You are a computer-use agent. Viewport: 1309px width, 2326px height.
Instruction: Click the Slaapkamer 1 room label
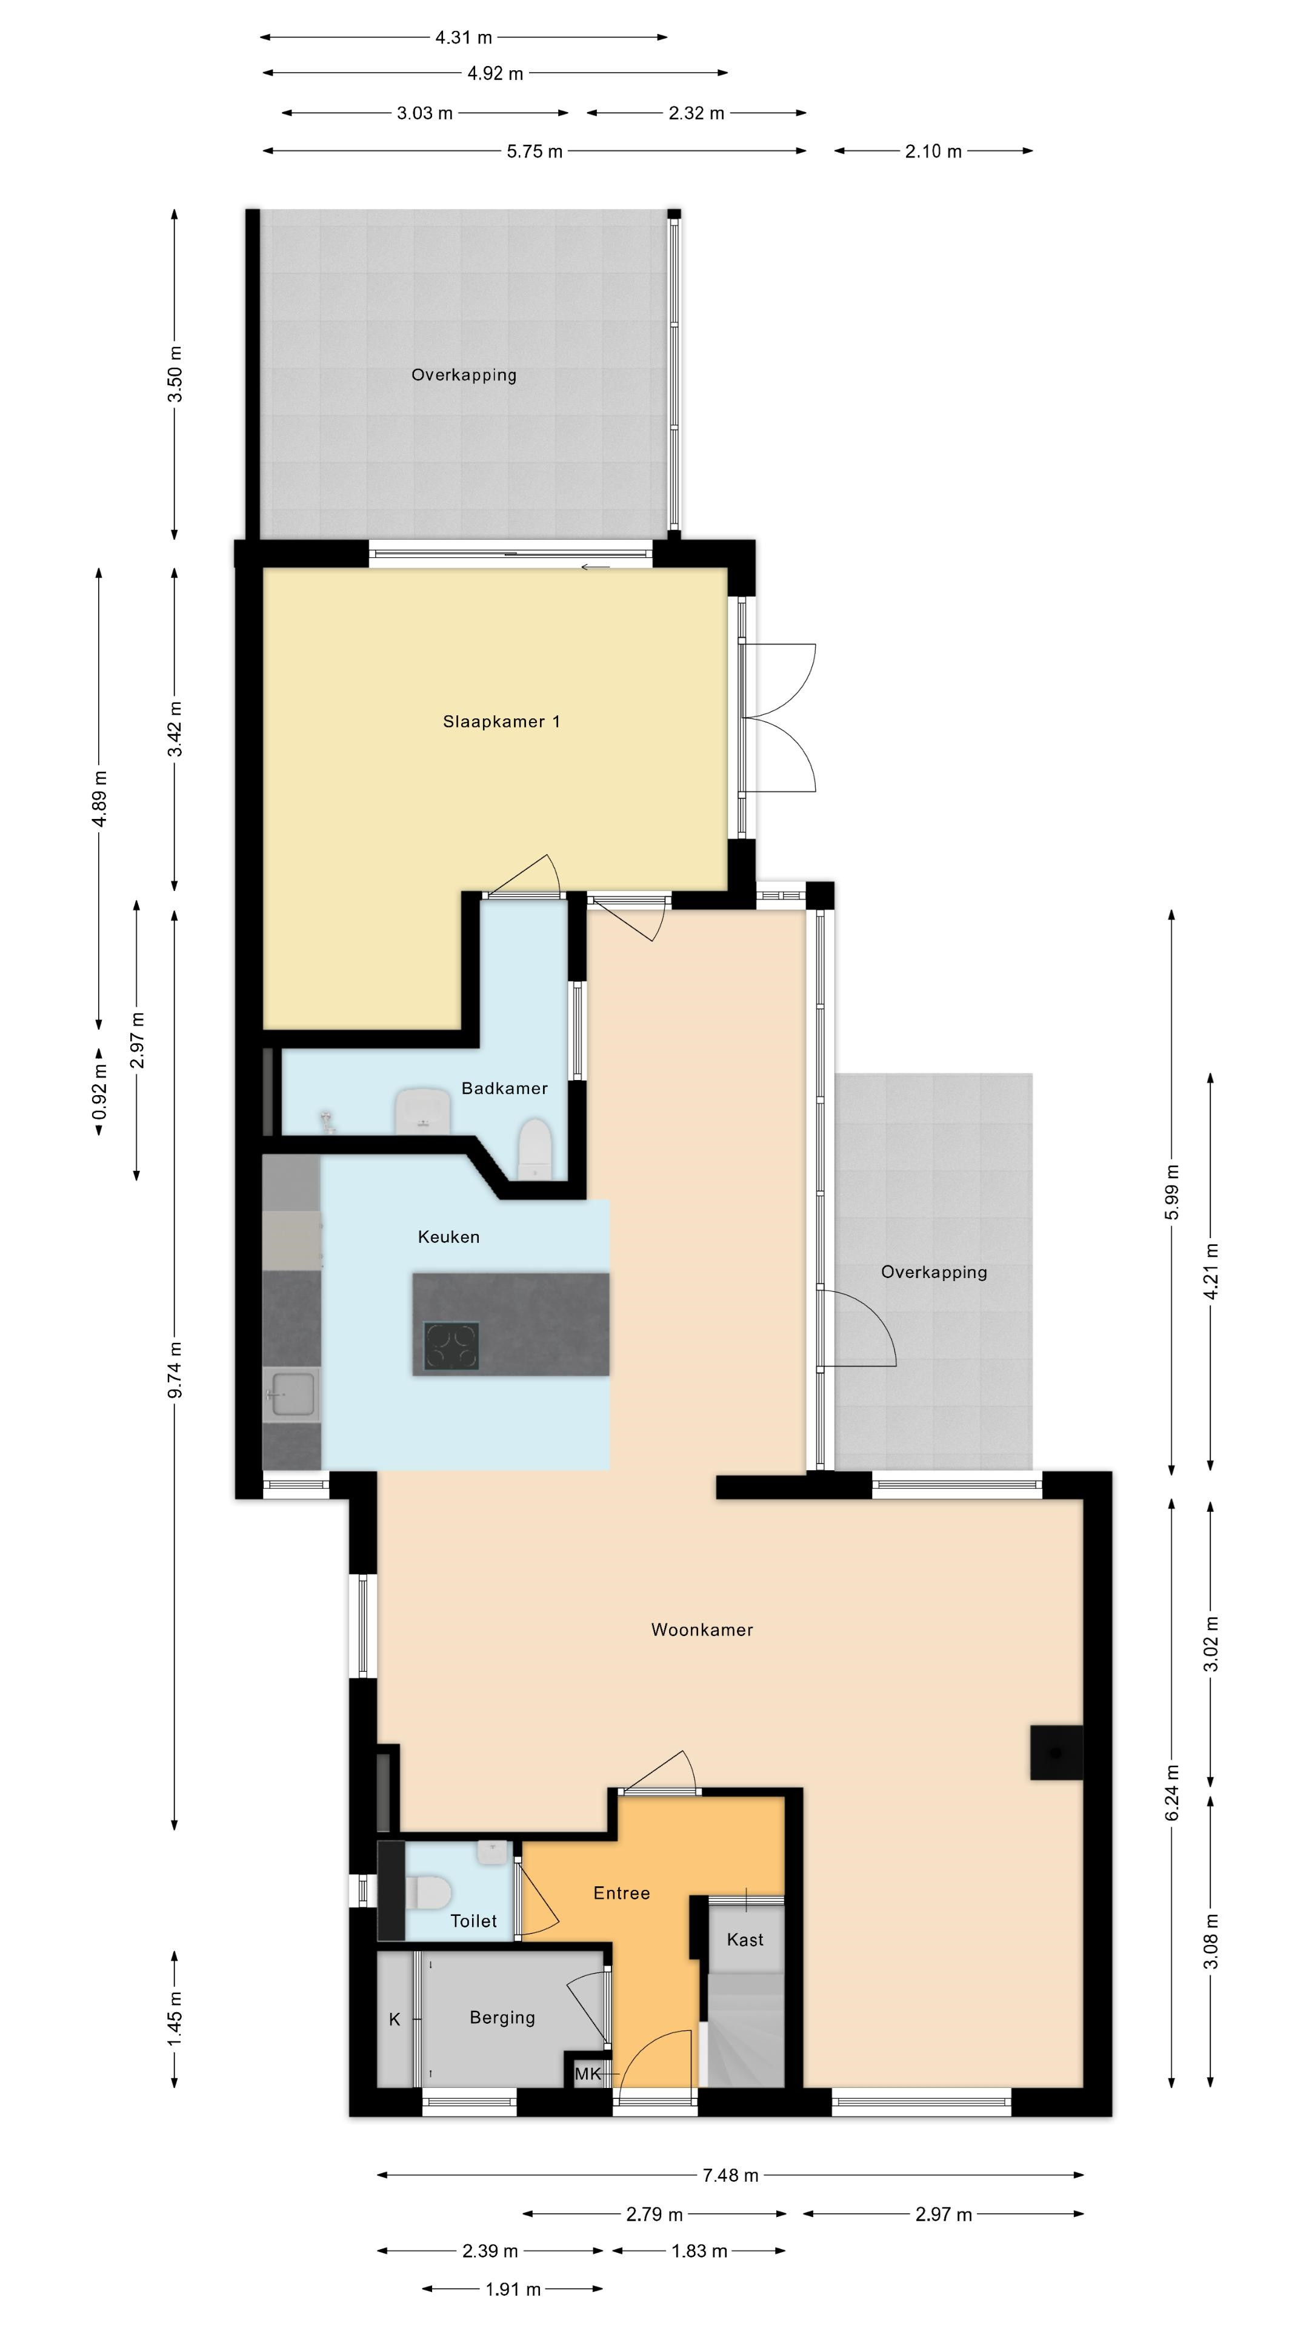(501, 721)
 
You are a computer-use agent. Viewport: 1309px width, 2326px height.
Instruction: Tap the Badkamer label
(504, 1088)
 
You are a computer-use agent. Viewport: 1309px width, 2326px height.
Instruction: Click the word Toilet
(473, 1921)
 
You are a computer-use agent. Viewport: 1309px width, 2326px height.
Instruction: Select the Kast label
(745, 1940)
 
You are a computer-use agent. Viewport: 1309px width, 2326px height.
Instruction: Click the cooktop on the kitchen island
(451, 1347)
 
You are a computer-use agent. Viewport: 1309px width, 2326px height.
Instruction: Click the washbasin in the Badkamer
(423, 1111)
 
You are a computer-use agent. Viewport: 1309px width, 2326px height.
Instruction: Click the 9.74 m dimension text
(175, 1370)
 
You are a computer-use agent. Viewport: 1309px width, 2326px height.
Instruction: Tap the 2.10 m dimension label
(933, 151)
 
